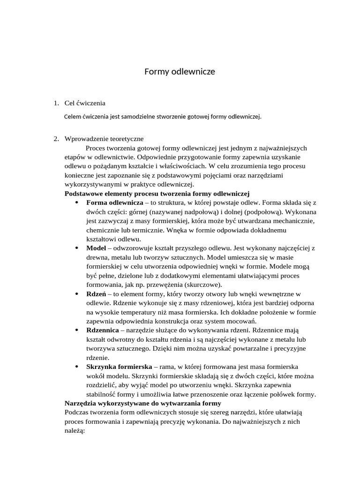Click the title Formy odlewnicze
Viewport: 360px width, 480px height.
(180, 72)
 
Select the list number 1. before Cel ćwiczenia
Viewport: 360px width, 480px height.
(56, 103)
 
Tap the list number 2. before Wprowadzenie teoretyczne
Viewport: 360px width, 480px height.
(56, 139)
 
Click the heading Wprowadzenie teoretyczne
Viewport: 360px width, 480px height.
(104, 139)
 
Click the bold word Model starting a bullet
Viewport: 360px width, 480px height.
(97, 248)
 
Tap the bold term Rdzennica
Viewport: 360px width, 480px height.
(103, 330)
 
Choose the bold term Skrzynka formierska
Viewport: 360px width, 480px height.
(119, 367)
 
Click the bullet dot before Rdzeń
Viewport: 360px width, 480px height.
(76, 294)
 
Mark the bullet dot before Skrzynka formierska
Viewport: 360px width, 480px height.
(76, 367)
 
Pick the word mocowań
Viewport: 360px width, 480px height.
(243, 321)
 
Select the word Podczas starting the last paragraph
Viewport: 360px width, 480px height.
(77, 412)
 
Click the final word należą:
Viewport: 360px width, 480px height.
(74, 430)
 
